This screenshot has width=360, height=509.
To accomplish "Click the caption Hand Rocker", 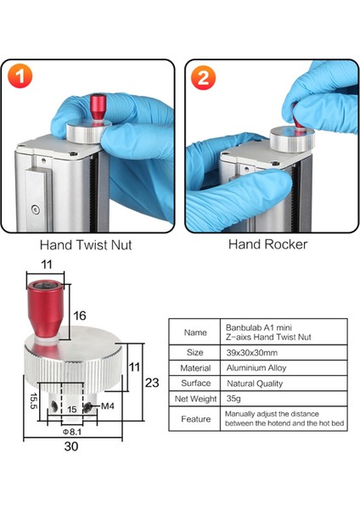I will [x=267, y=244].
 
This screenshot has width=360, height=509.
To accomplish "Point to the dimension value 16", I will [x=80, y=314].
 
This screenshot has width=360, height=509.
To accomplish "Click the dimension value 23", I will [x=152, y=382].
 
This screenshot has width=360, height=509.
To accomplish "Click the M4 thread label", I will [x=107, y=406].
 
